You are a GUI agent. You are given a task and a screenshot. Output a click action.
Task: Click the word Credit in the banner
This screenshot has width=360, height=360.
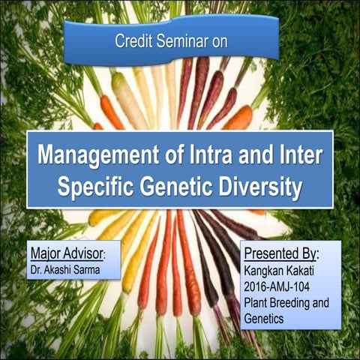(132, 41)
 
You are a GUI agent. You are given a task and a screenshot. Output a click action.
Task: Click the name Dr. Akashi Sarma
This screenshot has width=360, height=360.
(66, 265)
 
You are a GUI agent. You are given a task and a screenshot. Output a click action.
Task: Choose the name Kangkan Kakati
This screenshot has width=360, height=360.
(280, 269)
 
